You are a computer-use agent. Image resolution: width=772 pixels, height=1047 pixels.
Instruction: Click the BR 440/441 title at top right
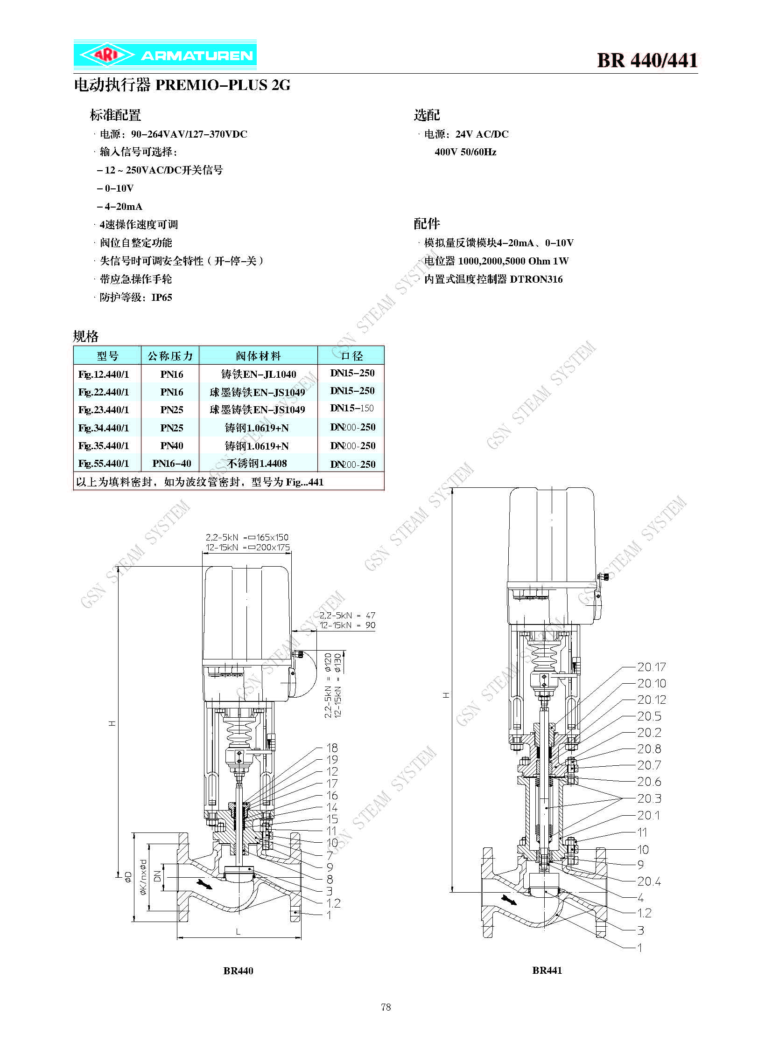pyautogui.click(x=647, y=60)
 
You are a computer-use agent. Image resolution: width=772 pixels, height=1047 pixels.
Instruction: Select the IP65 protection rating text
pyautogui.click(x=161, y=298)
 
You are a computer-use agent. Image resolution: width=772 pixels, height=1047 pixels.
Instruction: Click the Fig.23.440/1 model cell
pyautogui.click(x=104, y=410)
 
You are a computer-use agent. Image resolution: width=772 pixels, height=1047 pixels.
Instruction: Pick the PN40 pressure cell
pyautogui.click(x=171, y=446)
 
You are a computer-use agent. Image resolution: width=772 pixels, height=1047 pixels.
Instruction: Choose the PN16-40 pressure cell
pyautogui.click(x=171, y=464)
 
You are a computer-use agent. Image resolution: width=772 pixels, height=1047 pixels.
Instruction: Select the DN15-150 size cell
pyautogui.click(x=352, y=408)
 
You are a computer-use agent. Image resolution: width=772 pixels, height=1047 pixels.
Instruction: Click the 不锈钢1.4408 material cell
pyautogui.click(x=257, y=463)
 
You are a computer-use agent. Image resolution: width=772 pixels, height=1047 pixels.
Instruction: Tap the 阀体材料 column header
pyautogui.click(x=259, y=356)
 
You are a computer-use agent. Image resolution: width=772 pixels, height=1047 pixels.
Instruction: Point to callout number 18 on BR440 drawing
pyautogui.click(x=332, y=748)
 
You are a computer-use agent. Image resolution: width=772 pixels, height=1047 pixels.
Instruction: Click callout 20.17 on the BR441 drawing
pyautogui.click(x=652, y=667)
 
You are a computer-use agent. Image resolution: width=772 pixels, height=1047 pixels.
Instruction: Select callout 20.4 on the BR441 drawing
pyautogui.click(x=649, y=881)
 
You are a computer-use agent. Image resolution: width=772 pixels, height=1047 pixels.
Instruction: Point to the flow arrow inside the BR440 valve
pyautogui.click(x=205, y=884)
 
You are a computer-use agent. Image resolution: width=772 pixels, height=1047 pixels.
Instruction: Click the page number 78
pyautogui.click(x=386, y=1007)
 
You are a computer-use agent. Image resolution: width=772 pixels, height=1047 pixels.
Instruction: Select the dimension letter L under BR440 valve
pyautogui.click(x=239, y=932)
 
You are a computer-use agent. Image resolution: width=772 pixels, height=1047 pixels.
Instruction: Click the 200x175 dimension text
pyautogui.click(x=273, y=548)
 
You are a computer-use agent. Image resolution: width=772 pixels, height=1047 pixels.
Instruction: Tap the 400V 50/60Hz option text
pyautogui.click(x=465, y=152)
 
